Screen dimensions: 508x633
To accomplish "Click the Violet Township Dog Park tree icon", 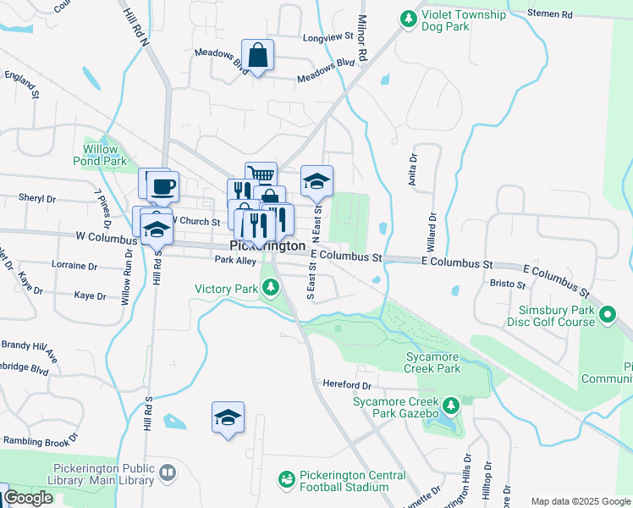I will [x=409, y=17].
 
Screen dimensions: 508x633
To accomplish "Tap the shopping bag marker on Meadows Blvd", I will [x=257, y=56].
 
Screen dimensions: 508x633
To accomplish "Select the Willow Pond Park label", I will [x=105, y=155].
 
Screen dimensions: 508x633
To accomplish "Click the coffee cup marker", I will [x=162, y=186].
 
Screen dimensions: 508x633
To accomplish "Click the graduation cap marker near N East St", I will [x=316, y=181].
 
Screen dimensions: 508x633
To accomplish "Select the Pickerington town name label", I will [x=267, y=246].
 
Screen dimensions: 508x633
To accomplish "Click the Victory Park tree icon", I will [x=271, y=290].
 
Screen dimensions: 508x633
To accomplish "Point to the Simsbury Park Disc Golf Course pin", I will [x=608, y=316].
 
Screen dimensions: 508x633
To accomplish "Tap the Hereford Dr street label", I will [x=347, y=384].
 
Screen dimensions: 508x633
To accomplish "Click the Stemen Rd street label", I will [x=573, y=14].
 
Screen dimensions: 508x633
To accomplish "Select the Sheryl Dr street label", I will [x=36, y=198].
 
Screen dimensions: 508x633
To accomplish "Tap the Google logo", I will [x=28, y=498].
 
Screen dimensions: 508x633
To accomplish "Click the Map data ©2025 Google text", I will [x=580, y=501].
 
